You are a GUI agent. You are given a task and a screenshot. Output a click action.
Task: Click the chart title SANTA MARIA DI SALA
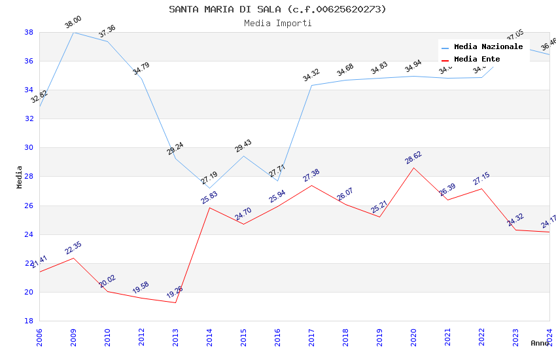(277, 9)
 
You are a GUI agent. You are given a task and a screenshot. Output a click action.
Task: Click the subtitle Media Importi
(277, 23)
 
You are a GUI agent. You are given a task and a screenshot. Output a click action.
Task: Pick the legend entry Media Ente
(477, 59)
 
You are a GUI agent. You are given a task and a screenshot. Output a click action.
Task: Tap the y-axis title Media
(19, 177)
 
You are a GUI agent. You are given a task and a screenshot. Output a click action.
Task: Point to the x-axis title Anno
(540, 343)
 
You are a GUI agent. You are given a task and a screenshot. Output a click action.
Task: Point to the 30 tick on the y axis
(29, 148)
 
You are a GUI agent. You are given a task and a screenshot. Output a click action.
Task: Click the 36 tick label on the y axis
(29, 61)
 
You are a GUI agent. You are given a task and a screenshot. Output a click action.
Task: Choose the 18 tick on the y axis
(29, 321)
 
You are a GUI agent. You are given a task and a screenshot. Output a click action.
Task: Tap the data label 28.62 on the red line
(413, 158)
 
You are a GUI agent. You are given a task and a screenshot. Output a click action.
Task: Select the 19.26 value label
(174, 292)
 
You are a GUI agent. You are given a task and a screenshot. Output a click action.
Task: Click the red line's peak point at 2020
(413, 168)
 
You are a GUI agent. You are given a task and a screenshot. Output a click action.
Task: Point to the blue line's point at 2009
(73, 32)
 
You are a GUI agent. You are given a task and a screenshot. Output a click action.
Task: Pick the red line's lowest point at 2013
(175, 302)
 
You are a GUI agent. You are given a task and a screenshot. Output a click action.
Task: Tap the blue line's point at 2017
(311, 85)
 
